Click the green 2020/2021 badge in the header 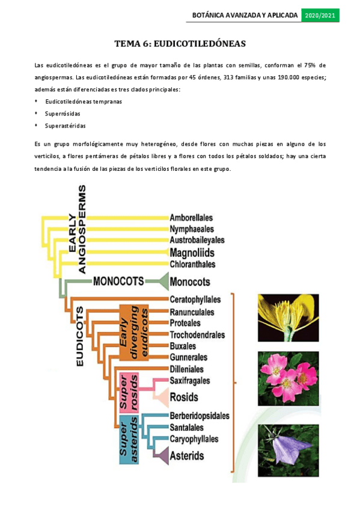tap(320, 15)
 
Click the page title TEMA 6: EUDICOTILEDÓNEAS tap(180, 44)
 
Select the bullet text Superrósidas tap(63, 114)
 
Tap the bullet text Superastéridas tap(65, 126)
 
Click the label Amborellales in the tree tap(191, 217)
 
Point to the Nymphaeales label tap(191, 229)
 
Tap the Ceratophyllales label tap(195, 300)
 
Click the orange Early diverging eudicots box tap(132, 333)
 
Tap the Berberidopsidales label tap(200, 416)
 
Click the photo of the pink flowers tap(288, 379)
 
